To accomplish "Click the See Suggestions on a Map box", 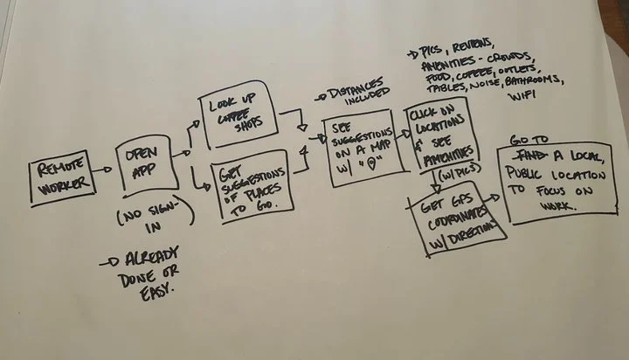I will pos(358,150).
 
